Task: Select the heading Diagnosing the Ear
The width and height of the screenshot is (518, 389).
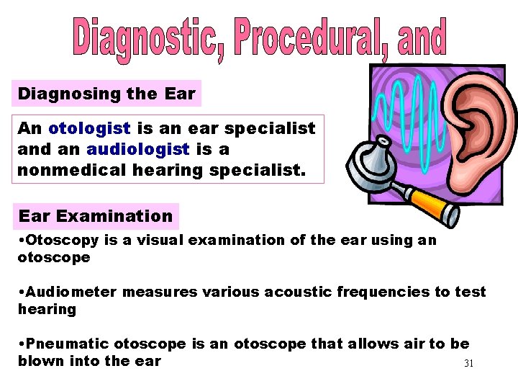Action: pos(106,94)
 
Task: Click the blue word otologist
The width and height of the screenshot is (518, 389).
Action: pos(89,128)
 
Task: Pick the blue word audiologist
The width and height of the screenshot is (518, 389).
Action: pos(137,148)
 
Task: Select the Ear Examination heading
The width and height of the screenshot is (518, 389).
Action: pos(96,216)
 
